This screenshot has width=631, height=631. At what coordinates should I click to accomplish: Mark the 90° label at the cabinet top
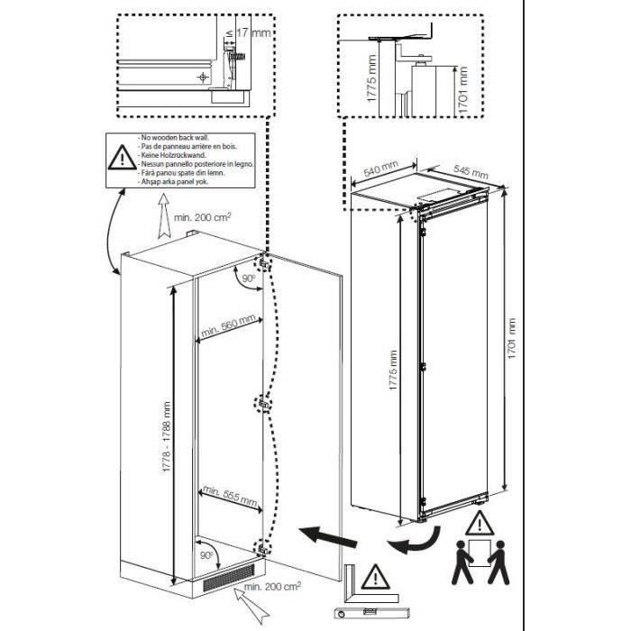246,280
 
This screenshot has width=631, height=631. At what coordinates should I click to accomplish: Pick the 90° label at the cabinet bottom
207,556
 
